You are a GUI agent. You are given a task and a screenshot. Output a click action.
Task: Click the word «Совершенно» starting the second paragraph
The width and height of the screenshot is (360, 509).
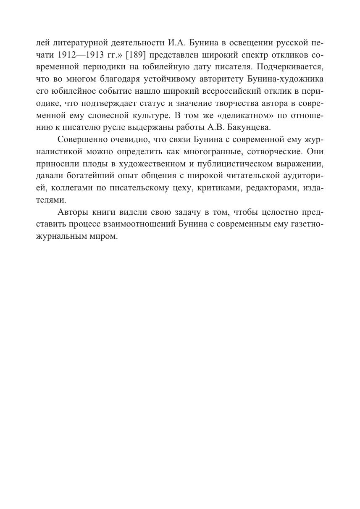tap(82, 140)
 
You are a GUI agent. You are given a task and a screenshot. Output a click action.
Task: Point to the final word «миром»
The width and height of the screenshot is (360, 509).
tap(104, 236)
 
